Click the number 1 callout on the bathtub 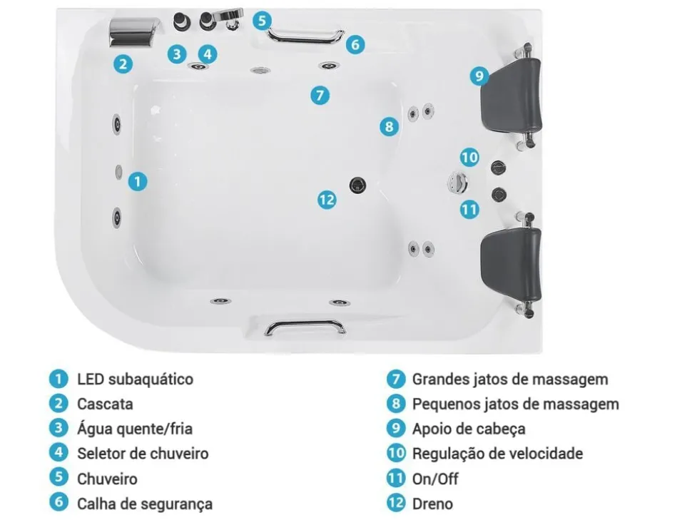[x=138, y=181]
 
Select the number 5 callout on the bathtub [x=263, y=20]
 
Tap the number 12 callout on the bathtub [x=327, y=200]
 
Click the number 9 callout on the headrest [x=479, y=76]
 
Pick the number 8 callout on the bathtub [x=388, y=127]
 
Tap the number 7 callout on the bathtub [x=320, y=94]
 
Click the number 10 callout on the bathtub [x=469, y=157]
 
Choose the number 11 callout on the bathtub [x=469, y=209]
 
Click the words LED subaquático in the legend [x=135, y=379]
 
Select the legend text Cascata [x=105, y=404]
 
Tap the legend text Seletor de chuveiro [x=143, y=453]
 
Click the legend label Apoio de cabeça [x=468, y=429]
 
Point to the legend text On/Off [x=435, y=479]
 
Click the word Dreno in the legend [x=432, y=504]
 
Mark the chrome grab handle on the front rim [x=305, y=327]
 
